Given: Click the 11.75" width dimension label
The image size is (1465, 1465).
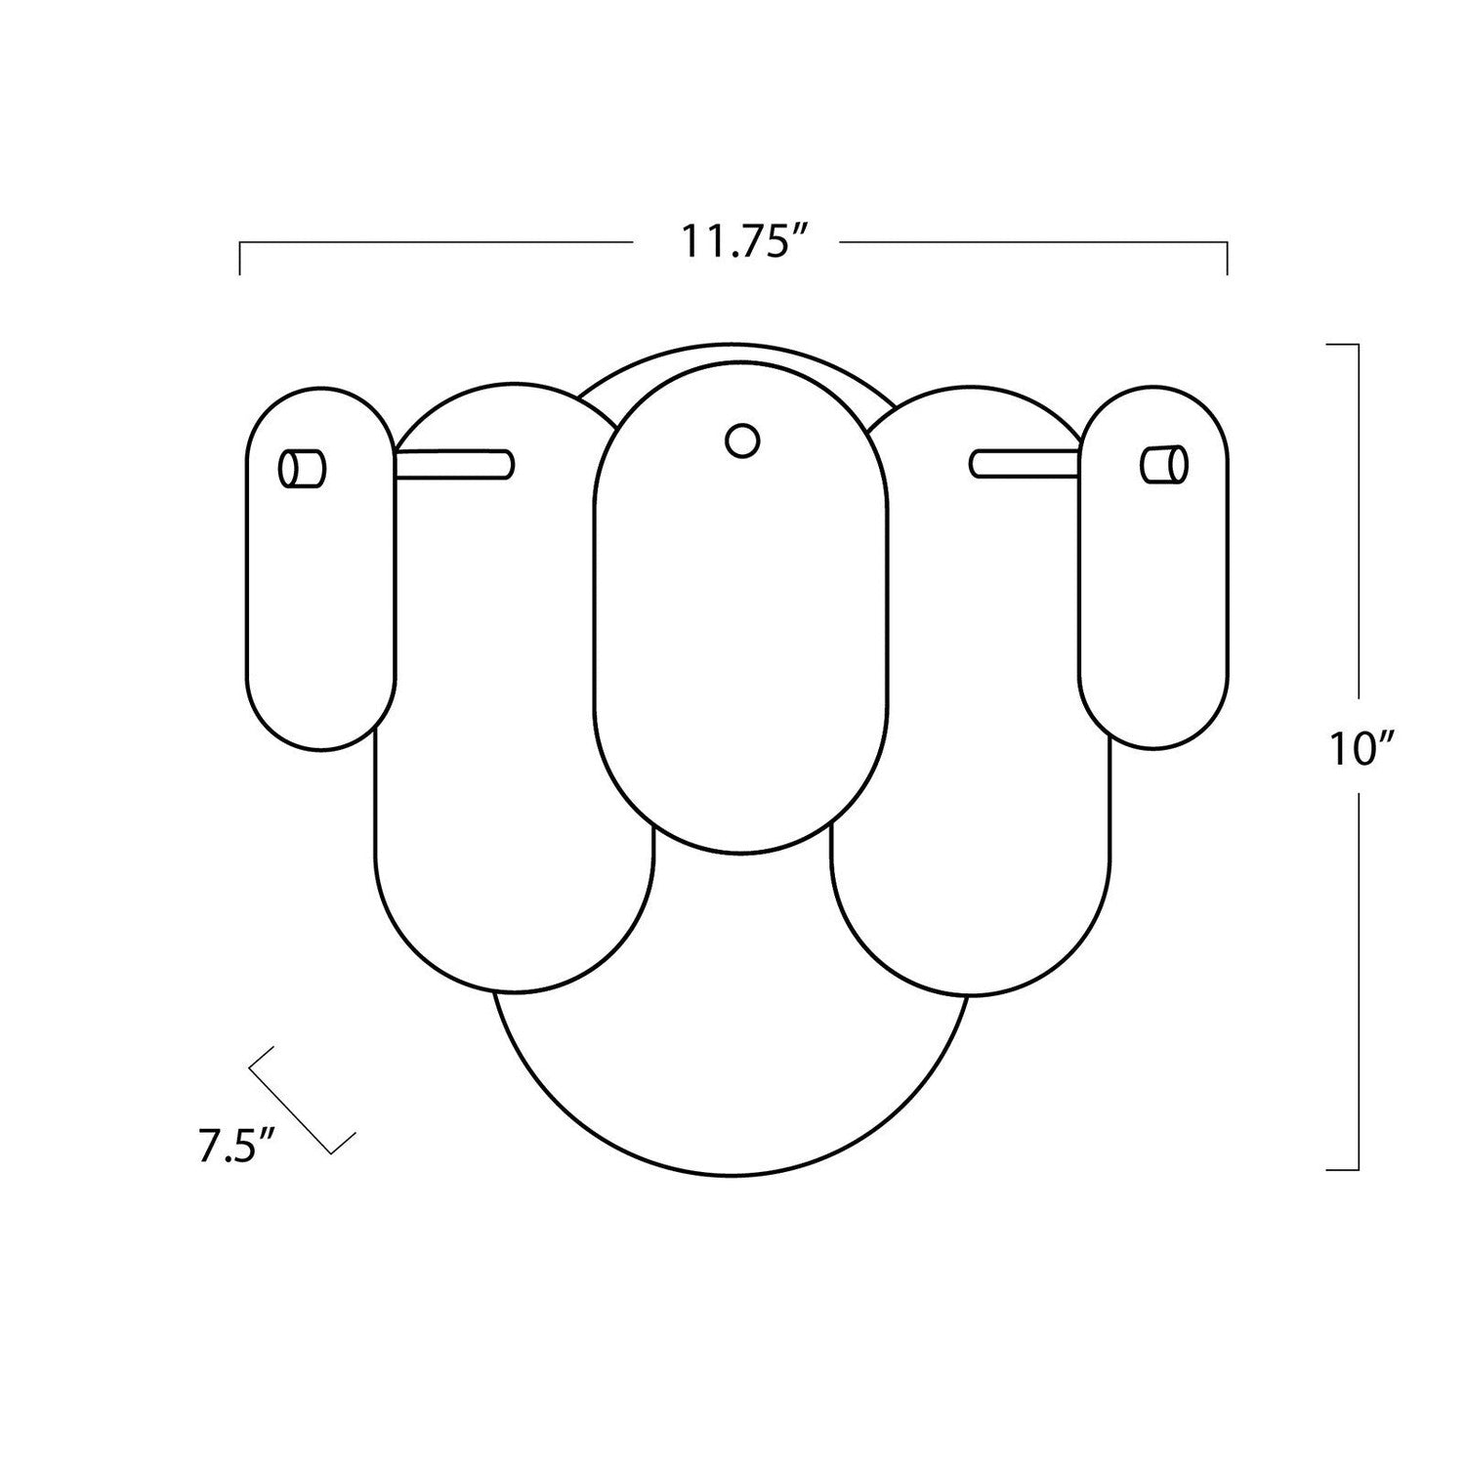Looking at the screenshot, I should pyautogui.click(x=734, y=241).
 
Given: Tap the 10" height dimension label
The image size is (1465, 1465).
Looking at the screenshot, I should pyautogui.click(x=1359, y=750).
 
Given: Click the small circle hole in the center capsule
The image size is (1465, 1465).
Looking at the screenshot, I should pyautogui.click(x=742, y=440).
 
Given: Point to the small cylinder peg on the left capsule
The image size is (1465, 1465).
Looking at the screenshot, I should pyautogui.click(x=302, y=468).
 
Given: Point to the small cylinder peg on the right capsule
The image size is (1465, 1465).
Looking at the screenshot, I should pyautogui.click(x=1164, y=464).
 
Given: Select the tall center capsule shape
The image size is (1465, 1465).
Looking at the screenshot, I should pyautogui.click(x=742, y=635).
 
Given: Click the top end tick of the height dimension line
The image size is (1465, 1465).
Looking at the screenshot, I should pyautogui.click(x=1344, y=345).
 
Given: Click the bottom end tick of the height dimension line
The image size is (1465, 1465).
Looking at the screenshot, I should pyautogui.click(x=1344, y=1169).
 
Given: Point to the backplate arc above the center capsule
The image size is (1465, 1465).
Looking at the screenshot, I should pyautogui.click(x=742, y=349).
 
